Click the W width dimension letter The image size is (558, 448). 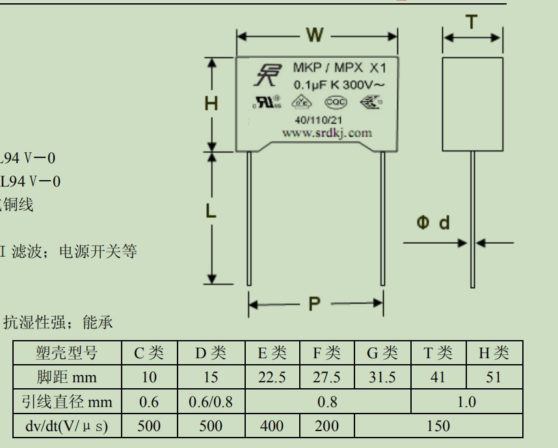[x=315, y=35]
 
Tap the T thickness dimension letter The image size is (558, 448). [x=472, y=23]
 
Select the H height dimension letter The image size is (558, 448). [x=211, y=104]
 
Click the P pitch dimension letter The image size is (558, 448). [x=315, y=304]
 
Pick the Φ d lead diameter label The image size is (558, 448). [x=432, y=224]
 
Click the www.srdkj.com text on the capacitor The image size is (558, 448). [x=327, y=133]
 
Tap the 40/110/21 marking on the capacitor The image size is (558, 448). [x=318, y=120]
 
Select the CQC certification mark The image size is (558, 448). [x=336, y=101]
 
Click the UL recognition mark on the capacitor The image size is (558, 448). [x=267, y=102]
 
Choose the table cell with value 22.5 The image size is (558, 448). [x=272, y=377]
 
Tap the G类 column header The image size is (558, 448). [x=382, y=353]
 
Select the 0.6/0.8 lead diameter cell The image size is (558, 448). [x=209, y=402]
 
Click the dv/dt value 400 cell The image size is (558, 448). [x=272, y=426]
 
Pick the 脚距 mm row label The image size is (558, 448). [x=66, y=377]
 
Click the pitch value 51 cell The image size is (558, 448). [x=494, y=377]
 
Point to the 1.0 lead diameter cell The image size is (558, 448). [x=466, y=402]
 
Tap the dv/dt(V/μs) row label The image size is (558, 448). [x=66, y=426]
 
